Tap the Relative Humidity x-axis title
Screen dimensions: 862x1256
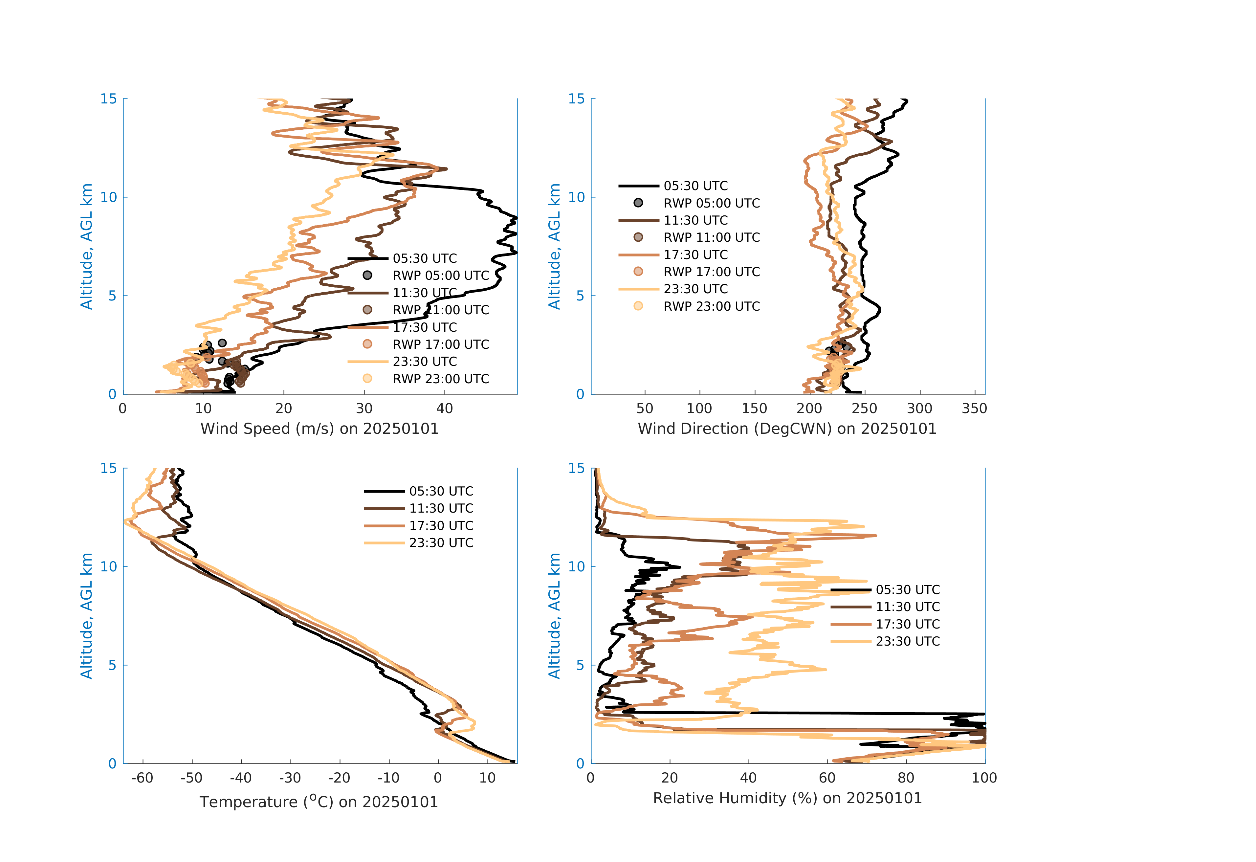tap(787, 798)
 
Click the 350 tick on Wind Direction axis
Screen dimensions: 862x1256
tap(975, 409)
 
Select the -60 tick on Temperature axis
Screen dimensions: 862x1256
tap(142, 778)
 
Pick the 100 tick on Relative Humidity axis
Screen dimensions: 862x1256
tap(984, 778)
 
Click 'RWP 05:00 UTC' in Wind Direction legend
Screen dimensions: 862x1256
tap(711, 203)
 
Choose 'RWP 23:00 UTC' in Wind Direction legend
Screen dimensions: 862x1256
tap(711, 306)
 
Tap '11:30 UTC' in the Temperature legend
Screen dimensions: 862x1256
tap(441, 509)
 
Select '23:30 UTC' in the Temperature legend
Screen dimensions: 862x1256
tap(441, 543)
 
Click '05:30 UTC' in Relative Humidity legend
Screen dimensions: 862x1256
tap(907, 590)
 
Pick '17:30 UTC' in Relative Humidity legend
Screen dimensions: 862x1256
tap(907, 624)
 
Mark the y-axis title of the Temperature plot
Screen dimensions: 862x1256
tap(86, 616)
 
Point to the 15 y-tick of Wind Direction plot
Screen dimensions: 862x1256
tap(577, 99)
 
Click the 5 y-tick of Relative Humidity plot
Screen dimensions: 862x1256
tap(580, 665)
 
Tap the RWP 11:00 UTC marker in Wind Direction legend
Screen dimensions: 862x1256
tap(638, 237)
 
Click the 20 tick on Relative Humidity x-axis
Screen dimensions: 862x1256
tap(670, 778)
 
